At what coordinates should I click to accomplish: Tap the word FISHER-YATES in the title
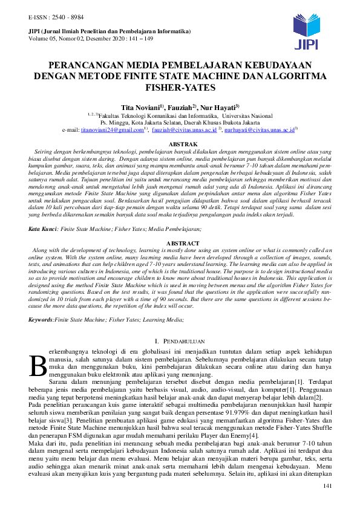(180, 88)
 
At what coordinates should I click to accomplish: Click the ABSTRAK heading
(180, 144)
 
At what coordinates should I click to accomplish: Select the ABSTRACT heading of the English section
(180, 244)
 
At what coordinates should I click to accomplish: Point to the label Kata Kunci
(41, 230)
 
